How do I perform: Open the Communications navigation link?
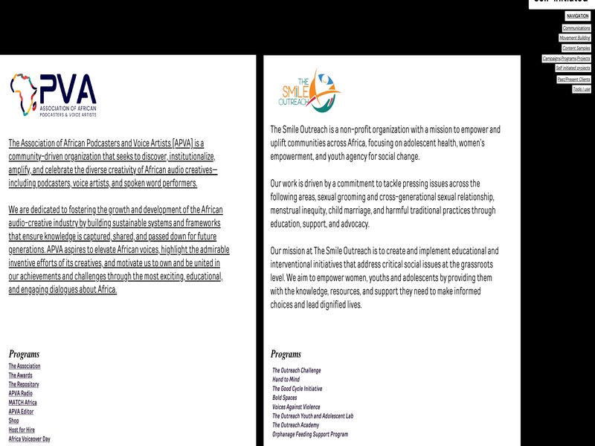click(576, 28)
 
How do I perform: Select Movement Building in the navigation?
click(575, 38)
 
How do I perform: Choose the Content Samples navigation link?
click(576, 48)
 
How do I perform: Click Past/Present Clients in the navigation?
click(573, 79)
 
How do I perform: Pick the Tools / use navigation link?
click(582, 89)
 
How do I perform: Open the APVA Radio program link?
click(21, 393)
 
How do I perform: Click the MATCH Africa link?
click(22, 402)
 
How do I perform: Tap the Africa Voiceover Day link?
click(29, 439)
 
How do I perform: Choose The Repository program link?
click(24, 384)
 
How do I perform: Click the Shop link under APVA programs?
click(14, 421)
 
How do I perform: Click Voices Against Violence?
click(296, 407)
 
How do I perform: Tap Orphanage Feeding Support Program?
click(309, 434)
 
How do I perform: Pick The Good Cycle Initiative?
click(297, 389)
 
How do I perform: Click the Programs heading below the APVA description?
click(25, 355)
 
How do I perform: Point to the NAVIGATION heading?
click(577, 16)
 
